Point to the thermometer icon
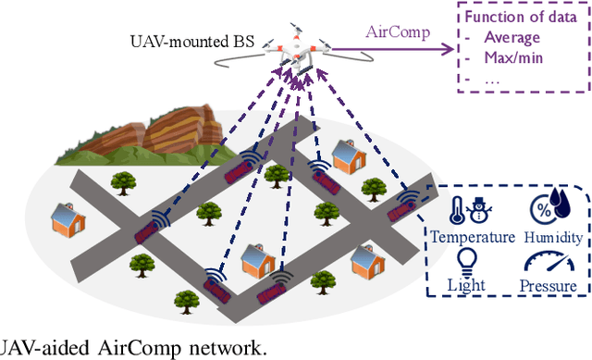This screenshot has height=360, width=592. (x=455, y=210)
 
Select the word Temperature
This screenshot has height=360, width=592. (x=472, y=236)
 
